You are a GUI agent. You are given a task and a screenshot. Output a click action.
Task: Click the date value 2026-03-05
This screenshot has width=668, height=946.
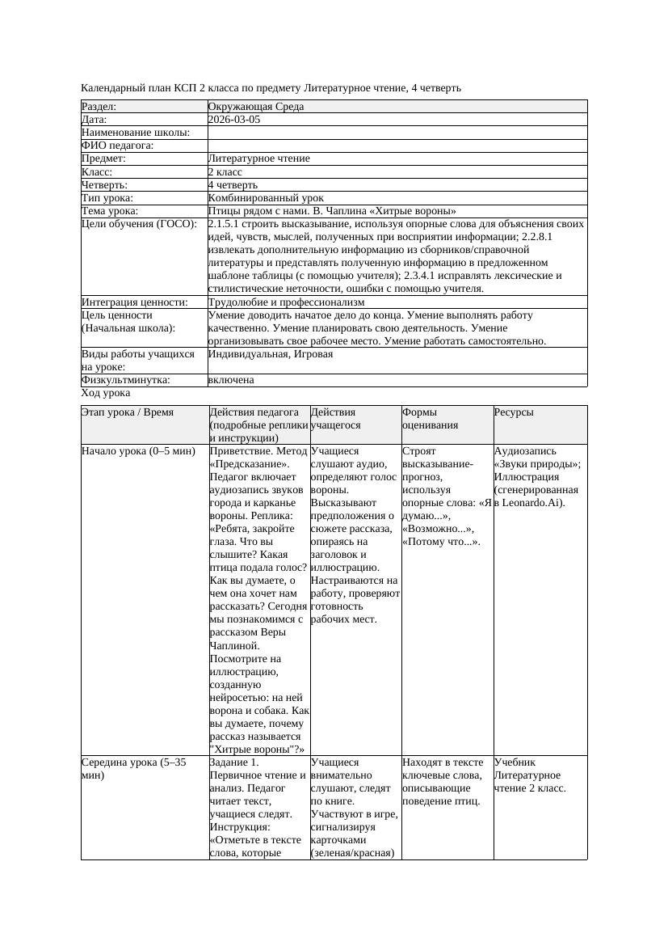[234, 120]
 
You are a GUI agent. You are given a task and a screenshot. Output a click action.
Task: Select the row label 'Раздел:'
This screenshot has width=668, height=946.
[99, 107]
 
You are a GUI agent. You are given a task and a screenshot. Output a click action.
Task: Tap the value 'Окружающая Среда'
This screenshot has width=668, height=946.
[256, 107]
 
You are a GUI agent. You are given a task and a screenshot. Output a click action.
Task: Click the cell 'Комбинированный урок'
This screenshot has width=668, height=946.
[266, 198]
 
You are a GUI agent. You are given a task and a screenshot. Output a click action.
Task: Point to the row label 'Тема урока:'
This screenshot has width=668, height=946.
[110, 211]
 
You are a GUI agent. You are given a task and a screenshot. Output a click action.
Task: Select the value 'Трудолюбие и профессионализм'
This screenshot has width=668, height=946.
[286, 302]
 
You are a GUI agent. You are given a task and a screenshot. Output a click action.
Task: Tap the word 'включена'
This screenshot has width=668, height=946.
[231, 380]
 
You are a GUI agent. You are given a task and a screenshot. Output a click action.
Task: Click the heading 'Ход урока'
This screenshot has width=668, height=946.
[106, 393]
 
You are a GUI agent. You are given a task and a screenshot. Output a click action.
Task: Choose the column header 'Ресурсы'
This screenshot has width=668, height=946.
[514, 412]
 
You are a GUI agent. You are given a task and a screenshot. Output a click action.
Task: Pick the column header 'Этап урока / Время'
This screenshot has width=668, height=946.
[128, 412]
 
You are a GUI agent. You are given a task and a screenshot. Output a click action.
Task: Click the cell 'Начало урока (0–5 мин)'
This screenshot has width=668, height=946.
[139, 451]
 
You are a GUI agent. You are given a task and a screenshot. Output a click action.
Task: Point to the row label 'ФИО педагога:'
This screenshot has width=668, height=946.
[118, 146]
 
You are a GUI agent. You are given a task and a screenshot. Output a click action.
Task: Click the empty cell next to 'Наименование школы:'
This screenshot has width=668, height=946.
[396, 133]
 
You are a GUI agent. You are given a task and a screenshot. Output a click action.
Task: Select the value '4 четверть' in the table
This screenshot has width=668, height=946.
[233, 185]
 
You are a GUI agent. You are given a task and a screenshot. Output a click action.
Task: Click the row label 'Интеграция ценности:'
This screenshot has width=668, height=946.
[134, 302]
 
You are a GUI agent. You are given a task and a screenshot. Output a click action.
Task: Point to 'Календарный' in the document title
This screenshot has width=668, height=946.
[113, 87]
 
